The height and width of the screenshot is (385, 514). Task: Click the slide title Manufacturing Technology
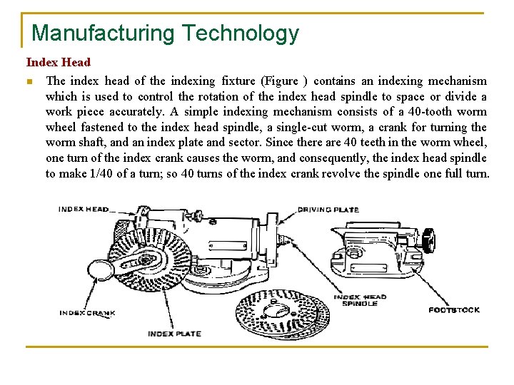tap(165, 33)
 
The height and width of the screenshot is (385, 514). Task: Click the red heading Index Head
tap(59, 62)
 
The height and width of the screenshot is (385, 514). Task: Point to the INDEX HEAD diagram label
tap(84, 210)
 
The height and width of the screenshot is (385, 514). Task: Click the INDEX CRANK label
tap(87, 313)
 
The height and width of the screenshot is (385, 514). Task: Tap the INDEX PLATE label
tap(174, 334)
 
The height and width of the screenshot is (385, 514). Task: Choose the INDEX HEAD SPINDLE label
tap(360, 300)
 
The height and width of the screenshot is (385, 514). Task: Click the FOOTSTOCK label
tap(454, 310)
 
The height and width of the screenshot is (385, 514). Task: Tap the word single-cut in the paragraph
tap(292, 127)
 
